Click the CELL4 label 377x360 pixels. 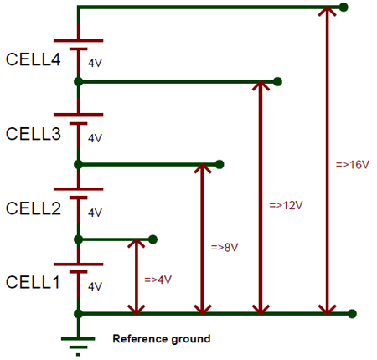pos(34,60)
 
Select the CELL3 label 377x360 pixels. pos(34,134)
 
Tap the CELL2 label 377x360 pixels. pos(34,208)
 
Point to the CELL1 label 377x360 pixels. pos(34,282)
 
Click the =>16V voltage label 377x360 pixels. pos(352,165)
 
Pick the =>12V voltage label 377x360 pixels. pos(286,205)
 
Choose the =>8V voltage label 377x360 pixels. pos(225,247)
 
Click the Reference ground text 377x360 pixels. pos(162,339)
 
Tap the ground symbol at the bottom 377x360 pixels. pos(78,337)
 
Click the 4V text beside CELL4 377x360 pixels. pos(95,63)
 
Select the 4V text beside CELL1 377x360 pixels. pos(95,285)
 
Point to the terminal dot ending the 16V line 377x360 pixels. pos(343,8)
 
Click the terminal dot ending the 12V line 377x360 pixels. pos(277,82)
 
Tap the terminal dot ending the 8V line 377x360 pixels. pos(219,163)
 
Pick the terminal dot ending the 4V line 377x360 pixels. pos(153,239)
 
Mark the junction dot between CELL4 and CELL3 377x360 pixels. pos(78,82)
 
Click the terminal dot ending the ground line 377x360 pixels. pos(352,313)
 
